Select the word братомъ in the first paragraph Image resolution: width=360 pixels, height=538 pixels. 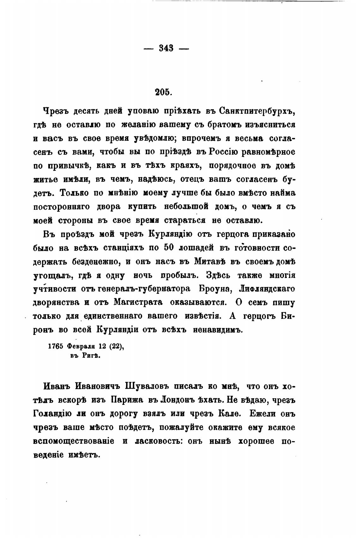point(218,125)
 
